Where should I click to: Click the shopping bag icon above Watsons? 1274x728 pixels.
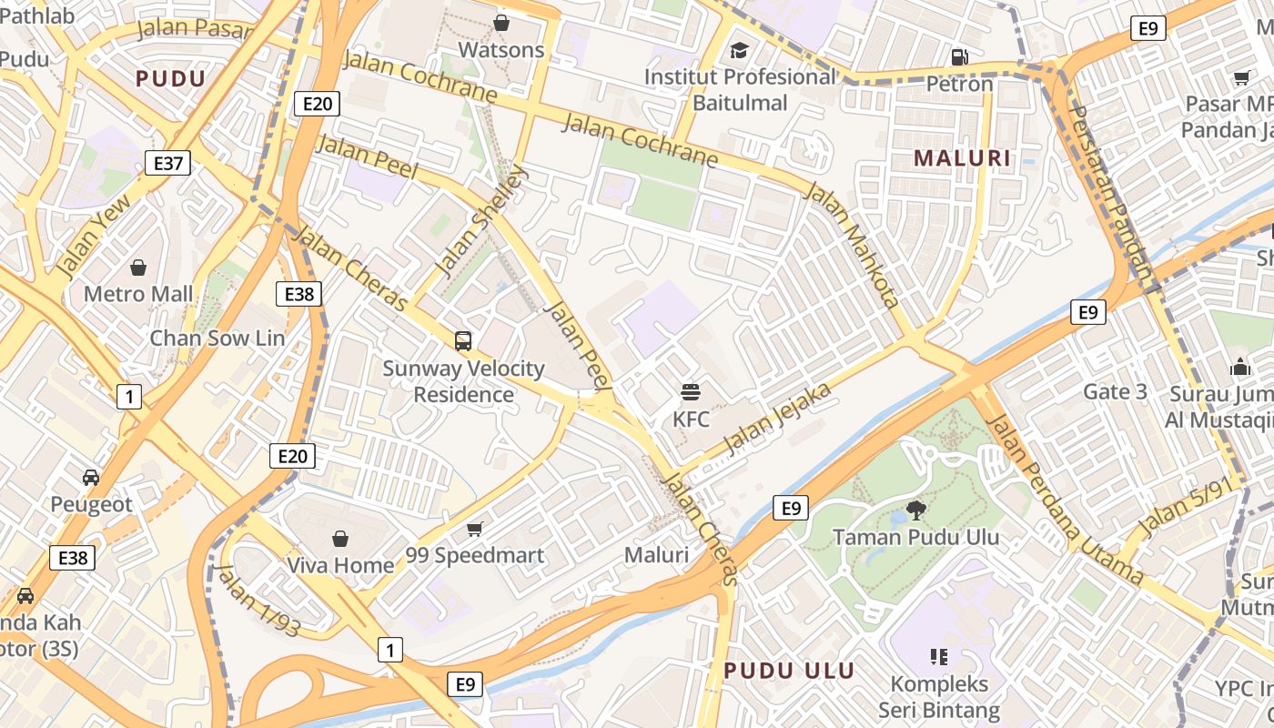pyautogui.click(x=500, y=22)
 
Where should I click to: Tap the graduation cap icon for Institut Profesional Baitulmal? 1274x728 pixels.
pyautogui.click(x=739, y=50)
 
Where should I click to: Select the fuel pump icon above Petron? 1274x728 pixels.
pyautogui.click(x=959, y=57)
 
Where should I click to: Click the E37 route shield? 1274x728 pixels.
pyautogui.click(x=167, y=164)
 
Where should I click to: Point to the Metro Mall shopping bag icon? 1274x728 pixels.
pyautogui.click(x=138, y=268)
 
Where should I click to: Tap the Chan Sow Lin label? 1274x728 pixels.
pyautogui.click(x=217, y=338)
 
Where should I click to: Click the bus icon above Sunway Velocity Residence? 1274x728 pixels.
pyautogui.click(x=463, y=341)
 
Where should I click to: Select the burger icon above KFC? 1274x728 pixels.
pyautogui.click(x=691, y=392)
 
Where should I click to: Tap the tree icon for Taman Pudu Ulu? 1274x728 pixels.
pyautogui.click(x=915, y=511)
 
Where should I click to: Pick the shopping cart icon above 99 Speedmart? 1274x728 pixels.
pyautogui.click(x=474, y=529)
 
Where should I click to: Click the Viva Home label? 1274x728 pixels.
pyautogui.click(x=340, y=565)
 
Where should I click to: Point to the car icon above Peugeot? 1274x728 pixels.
pyautogui.click(x=91, y=478)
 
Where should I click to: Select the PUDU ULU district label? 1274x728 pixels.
pyautogui.click(x=789, y=672)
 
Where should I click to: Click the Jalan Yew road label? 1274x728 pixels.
pyautogui.click(x=93, y=238)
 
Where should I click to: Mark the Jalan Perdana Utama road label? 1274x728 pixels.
pyautogui.click(x=1065, y=500)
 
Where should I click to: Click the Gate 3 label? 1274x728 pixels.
pyautogui.click(x=1115, y=392)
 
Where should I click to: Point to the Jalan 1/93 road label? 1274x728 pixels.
pyautogui.click(x=258, y=600)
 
